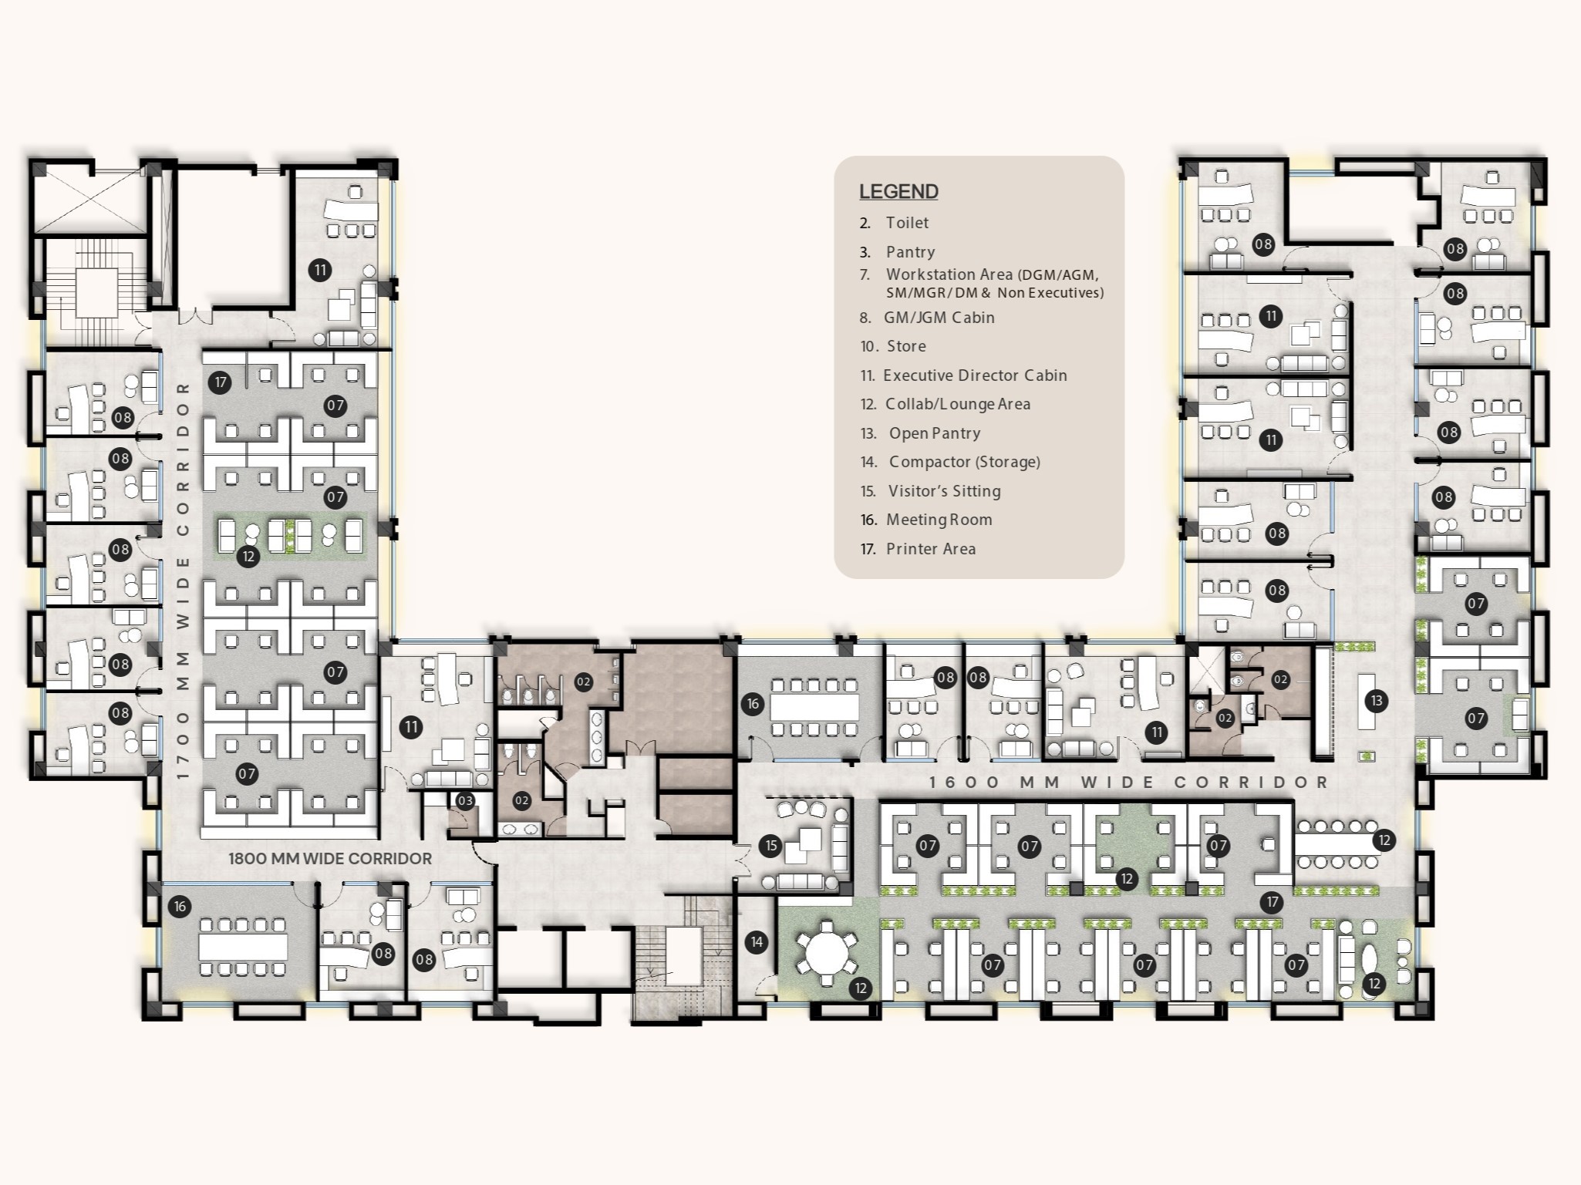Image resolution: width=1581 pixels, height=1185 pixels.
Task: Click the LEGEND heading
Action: tap(898, 191)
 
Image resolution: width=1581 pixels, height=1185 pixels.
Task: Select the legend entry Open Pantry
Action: tap(934, 433)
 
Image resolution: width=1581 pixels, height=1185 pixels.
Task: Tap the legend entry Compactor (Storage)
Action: tap(964, 462)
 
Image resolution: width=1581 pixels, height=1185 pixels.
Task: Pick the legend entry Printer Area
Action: tap(930, 549)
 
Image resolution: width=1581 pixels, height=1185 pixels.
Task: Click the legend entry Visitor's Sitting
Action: tap(944, 491)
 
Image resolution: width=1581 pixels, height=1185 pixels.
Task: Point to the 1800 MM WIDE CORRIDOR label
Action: tap(329, 858)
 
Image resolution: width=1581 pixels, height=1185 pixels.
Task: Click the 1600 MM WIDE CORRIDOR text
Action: tap(1128, 782)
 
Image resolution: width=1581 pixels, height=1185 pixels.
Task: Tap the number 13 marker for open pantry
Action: tap(1376, 701)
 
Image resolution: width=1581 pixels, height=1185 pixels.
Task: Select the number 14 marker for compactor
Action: tap(757, 941)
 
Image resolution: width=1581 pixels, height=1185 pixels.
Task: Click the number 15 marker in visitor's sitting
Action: tap(771, 846)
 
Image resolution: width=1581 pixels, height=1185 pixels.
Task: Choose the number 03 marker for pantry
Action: tap(465, 801)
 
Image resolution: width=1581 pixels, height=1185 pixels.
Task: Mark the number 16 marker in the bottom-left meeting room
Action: tap(180, 907)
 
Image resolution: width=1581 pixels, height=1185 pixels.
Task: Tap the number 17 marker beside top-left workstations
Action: tap(220, 382)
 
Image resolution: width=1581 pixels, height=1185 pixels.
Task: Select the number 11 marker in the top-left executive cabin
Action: tap(319, 270)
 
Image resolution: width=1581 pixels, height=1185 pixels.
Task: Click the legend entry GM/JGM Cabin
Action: tap(939, 318)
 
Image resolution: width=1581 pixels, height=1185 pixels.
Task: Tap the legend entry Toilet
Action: tap(907, 223)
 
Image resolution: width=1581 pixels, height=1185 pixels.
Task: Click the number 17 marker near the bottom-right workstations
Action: tap(1271, 902)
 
